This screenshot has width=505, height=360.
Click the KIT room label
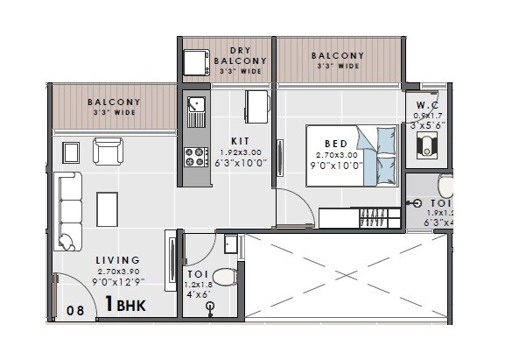pyautogui.click(x=240, y=141)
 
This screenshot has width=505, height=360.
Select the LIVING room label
pyautogui.click(x=118, y=260)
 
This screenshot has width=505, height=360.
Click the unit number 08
pyautogui.click(x=77, y=309)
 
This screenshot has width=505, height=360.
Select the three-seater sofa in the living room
pyautogui.click(x=67, y=211)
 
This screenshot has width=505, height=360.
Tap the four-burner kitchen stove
pyautogui.click(x=193, y=158)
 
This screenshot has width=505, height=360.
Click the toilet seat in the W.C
pyautogui.click(x=428, y=145)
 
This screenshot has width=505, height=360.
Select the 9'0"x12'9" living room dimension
pyautogui.click(x=119, y=281)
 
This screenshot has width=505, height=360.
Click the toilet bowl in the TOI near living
pyautogui.click(x=224, y=278)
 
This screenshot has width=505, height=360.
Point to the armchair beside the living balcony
pyautogui.click(x=109, y=152)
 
